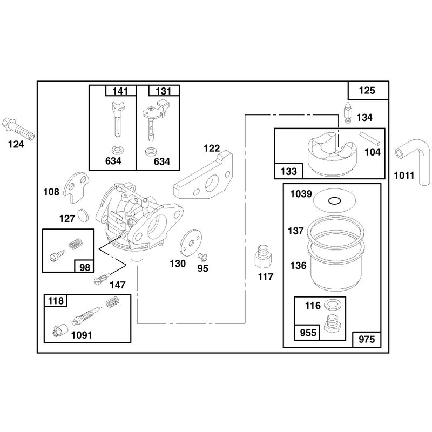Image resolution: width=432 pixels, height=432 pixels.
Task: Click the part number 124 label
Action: (16, 144)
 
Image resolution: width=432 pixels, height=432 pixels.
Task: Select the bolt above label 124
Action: (18, 129)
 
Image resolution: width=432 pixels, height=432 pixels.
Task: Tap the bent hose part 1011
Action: (415, 160)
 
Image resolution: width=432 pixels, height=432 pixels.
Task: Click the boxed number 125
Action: (367, 90)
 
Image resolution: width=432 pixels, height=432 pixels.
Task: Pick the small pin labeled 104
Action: (370, 139)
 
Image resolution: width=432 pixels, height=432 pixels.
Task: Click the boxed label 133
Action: (289, 171)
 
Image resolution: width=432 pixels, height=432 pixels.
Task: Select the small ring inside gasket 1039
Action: (334, 201)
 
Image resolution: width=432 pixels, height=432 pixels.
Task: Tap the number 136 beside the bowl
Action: (298, 266)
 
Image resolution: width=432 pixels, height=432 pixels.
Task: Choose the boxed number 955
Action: (308, 333)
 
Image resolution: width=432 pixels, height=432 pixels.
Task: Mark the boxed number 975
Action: (367, 340)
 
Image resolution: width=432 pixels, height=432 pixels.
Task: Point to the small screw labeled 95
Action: (203, 257)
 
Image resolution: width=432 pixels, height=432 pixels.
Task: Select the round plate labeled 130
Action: (191, 242)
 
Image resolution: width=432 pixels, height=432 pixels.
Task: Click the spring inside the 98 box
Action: (76, 244)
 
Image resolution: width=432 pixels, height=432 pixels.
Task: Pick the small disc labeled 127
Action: (83, 215)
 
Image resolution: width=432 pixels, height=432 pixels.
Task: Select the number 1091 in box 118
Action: (82, 335)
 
